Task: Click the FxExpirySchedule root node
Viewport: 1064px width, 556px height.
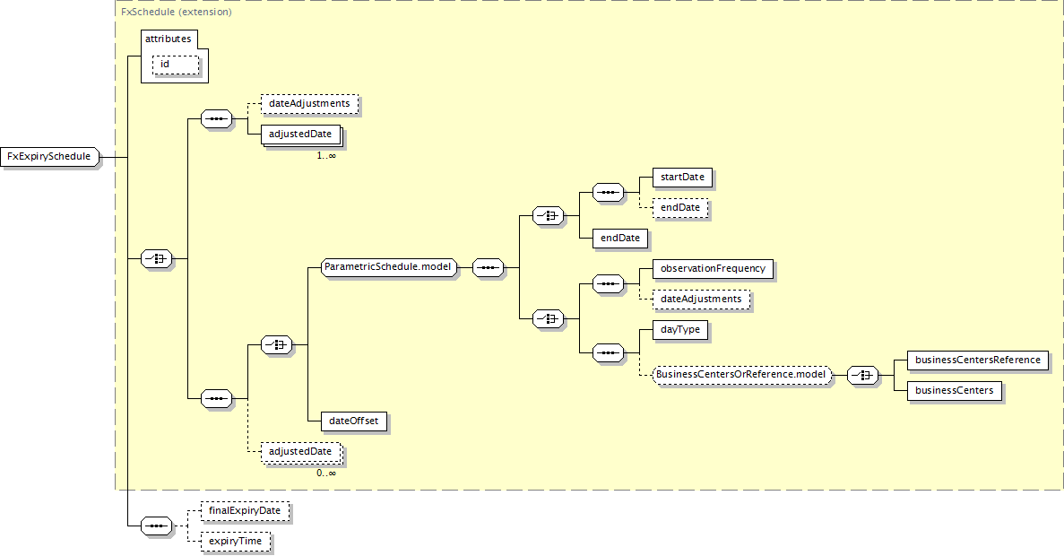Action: point(49,157)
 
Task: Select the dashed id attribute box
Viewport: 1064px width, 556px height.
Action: point(176,65)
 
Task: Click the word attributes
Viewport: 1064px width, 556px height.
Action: point(169,39)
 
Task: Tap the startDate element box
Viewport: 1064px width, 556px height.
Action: point(682,178)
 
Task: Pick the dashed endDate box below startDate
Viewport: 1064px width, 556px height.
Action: point(680,208)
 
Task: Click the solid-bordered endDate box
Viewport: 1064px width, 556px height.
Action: point(620,239)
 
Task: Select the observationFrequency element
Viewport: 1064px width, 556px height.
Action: point(713,269)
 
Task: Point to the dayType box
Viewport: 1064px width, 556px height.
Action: point(680,330)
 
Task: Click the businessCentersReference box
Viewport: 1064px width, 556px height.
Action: point(978,361)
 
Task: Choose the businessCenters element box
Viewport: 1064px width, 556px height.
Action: point(954,391)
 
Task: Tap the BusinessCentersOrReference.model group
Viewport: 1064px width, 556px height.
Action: point(741,374)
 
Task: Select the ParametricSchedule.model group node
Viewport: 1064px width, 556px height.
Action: point(388,267)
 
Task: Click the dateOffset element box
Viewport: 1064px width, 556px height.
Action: point(353,421)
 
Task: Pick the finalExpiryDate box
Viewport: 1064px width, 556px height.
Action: point(245,511)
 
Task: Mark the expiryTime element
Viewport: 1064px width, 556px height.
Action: point(236,542)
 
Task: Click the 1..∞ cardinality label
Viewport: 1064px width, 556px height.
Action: point(325,155)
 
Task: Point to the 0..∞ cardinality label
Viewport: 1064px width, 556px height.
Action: point(325,473)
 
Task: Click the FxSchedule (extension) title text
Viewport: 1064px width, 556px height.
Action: point(177,12)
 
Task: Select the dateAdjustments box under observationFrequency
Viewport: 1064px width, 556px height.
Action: point(701,300)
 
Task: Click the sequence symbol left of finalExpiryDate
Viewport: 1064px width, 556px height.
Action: point(157,526)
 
